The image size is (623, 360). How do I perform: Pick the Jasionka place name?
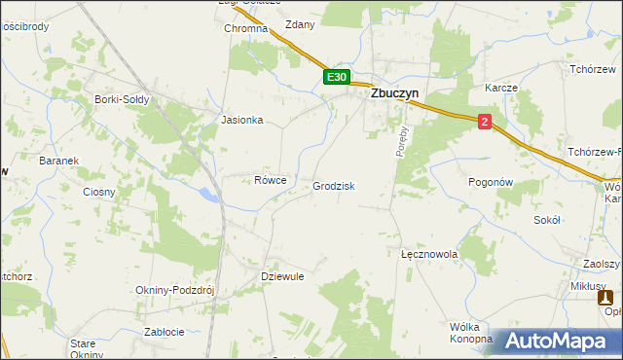coord(242,121)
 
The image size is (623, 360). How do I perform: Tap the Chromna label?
coord(245,29)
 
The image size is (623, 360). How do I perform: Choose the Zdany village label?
coord(299,25)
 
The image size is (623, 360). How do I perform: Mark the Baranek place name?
coord(56,161)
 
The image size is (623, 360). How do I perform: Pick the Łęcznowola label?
coord(429,254)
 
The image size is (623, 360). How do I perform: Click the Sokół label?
coord(547,221)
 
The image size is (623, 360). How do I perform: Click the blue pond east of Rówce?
coord(208,195)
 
